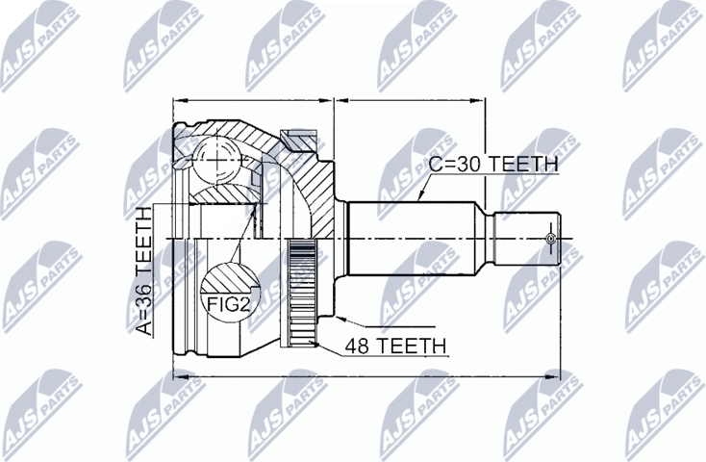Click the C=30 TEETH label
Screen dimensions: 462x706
tap(492, 164)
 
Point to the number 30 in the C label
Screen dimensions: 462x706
tap(470, 164)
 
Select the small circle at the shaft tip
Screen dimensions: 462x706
tap(550, 237)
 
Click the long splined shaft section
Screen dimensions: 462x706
tap(418, 237)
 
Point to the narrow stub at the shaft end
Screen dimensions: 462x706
tap(524, 237)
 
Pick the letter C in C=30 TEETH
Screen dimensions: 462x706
tap(435, 164)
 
